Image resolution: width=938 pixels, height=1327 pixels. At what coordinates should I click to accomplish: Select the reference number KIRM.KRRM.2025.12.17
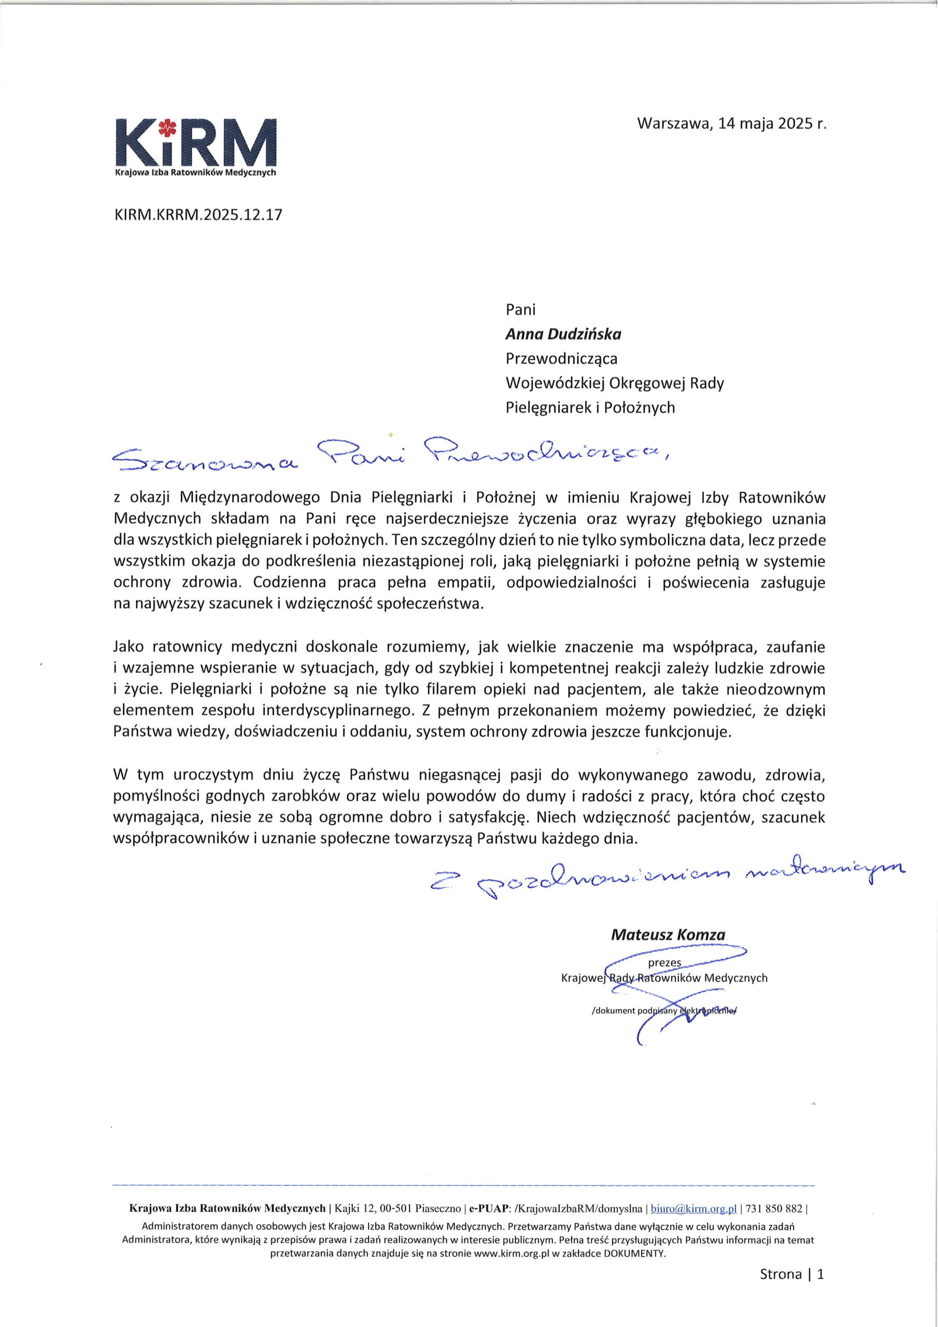pos(199,215)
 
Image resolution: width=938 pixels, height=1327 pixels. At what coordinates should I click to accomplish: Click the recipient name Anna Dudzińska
pos(563,334)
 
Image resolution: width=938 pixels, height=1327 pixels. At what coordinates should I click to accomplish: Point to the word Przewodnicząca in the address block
pos(561,359)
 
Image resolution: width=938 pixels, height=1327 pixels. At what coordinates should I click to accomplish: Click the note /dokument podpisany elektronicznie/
pos(665,1011)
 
